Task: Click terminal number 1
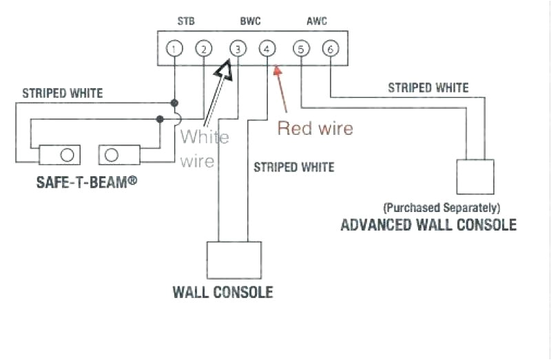[x=175, y=49]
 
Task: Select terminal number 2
[x=203, y=49]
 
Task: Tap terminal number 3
[x=237, y=49]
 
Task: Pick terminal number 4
[x=267, y=49]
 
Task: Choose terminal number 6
[x=330, y=49]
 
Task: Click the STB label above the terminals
[x=186, y=21]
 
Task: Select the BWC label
[x=251, y=21]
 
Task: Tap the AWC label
[x=316, y=21]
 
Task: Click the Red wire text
[x=315, y=128]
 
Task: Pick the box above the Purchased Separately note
[x=475, y=176]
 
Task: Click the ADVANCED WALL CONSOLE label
[x=428, y=225]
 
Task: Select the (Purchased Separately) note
[x=441, y=207]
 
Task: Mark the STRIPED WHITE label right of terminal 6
[x=428, y=88]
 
